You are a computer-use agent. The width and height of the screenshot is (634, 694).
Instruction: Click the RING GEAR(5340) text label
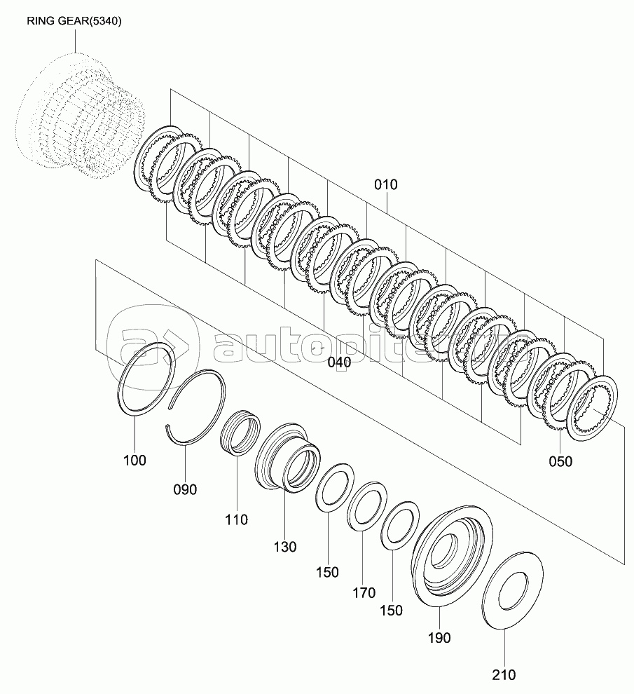[74, 21]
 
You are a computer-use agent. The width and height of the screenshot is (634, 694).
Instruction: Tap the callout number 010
[386, 184]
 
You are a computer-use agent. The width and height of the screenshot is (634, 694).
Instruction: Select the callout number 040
[339, 362]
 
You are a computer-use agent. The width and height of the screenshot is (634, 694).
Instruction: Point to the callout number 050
[560, 462]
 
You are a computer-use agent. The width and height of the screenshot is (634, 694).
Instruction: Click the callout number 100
[135, 461]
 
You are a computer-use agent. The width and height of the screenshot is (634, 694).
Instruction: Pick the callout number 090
[185, 489]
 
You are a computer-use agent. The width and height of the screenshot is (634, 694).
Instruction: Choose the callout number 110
[236, 519]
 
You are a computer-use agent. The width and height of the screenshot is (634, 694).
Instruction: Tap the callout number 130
[284, 547]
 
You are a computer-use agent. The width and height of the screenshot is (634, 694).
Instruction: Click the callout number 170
[364, 592]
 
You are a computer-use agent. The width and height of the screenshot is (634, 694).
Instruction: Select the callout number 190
[439, 638]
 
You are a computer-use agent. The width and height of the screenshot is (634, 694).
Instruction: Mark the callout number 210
[504, 675]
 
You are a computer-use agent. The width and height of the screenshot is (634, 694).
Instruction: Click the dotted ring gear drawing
[80, 115]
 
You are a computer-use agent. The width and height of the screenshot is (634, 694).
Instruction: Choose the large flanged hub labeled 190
[453, 556]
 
